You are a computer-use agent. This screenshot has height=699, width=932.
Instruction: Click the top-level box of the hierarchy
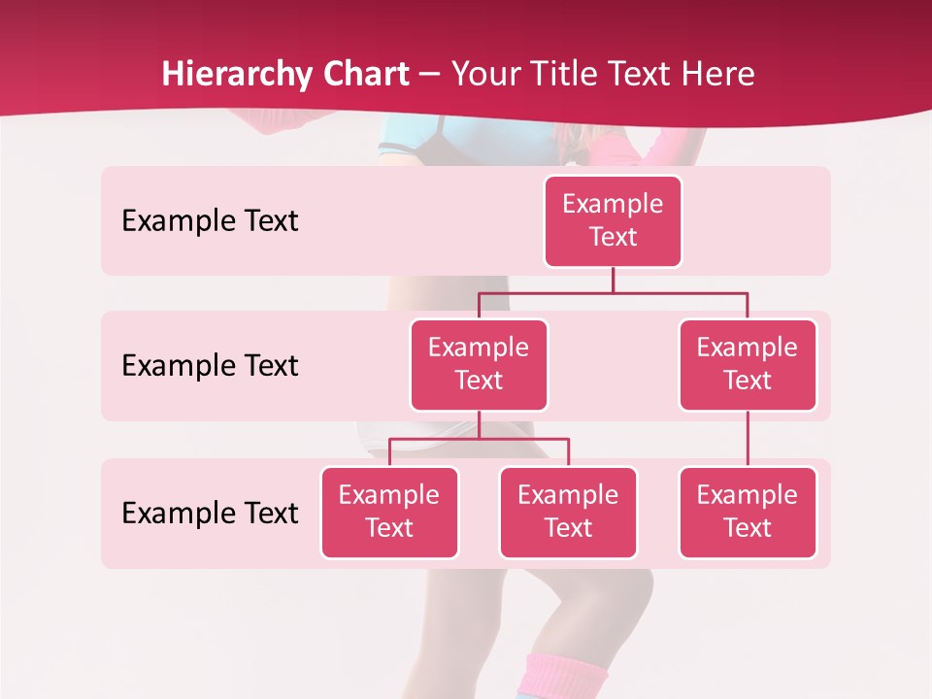click(613, 221)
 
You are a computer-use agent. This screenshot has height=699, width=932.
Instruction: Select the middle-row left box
click(479, 365)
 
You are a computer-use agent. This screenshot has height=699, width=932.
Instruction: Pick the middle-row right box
click(748, 365)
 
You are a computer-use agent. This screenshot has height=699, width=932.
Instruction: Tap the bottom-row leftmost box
click(389, 513)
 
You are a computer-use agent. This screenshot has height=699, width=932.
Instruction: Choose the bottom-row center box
click(568, 513)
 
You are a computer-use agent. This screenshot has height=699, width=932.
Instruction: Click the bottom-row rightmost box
click(748, 513)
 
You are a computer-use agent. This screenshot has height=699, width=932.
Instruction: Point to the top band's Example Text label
click(210, 221)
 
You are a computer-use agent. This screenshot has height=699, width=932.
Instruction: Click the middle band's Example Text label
click(210, 366)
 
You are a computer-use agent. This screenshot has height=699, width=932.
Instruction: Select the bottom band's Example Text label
click(210, 513)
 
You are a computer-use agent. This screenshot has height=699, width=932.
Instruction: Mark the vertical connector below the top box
click(613, 280)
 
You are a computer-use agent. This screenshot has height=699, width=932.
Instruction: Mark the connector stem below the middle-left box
click(479, 424)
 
